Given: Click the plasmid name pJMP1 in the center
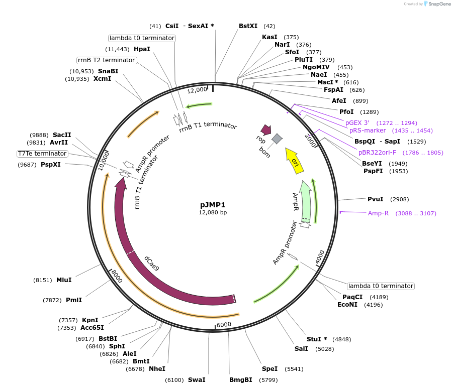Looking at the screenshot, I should [213, 204].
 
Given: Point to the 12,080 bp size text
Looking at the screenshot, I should [213, 212].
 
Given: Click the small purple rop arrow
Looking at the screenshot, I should [262, 131].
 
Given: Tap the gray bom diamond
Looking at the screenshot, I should [277, 138].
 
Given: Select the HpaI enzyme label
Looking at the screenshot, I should [142, 49].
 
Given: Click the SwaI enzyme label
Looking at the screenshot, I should [197, 380].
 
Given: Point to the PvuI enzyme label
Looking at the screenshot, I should [376, 199].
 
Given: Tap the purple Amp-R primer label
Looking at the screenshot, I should [378, 213].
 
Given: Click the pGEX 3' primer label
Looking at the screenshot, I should [357, 122].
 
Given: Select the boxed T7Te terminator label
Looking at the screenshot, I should [42, 154].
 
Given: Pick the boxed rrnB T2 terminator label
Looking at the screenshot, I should [107, 60].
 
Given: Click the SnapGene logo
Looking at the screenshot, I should [437, 4].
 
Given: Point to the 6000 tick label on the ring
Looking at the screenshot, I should [224, 324].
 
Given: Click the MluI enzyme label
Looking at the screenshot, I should [64, 280].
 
